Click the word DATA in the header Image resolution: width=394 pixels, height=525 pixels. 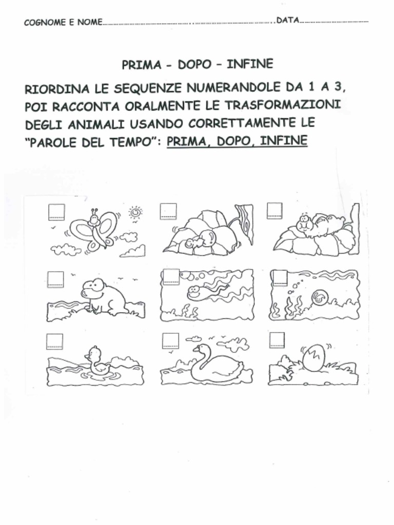287,21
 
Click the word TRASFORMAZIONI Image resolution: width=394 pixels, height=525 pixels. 284,105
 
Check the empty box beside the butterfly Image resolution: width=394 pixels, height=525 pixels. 56,212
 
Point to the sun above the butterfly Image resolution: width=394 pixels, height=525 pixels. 135,212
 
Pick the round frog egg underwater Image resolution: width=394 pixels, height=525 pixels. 319,296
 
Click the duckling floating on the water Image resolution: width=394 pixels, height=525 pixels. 96,361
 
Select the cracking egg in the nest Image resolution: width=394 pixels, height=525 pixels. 313,357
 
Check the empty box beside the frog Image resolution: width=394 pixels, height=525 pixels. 55,279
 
